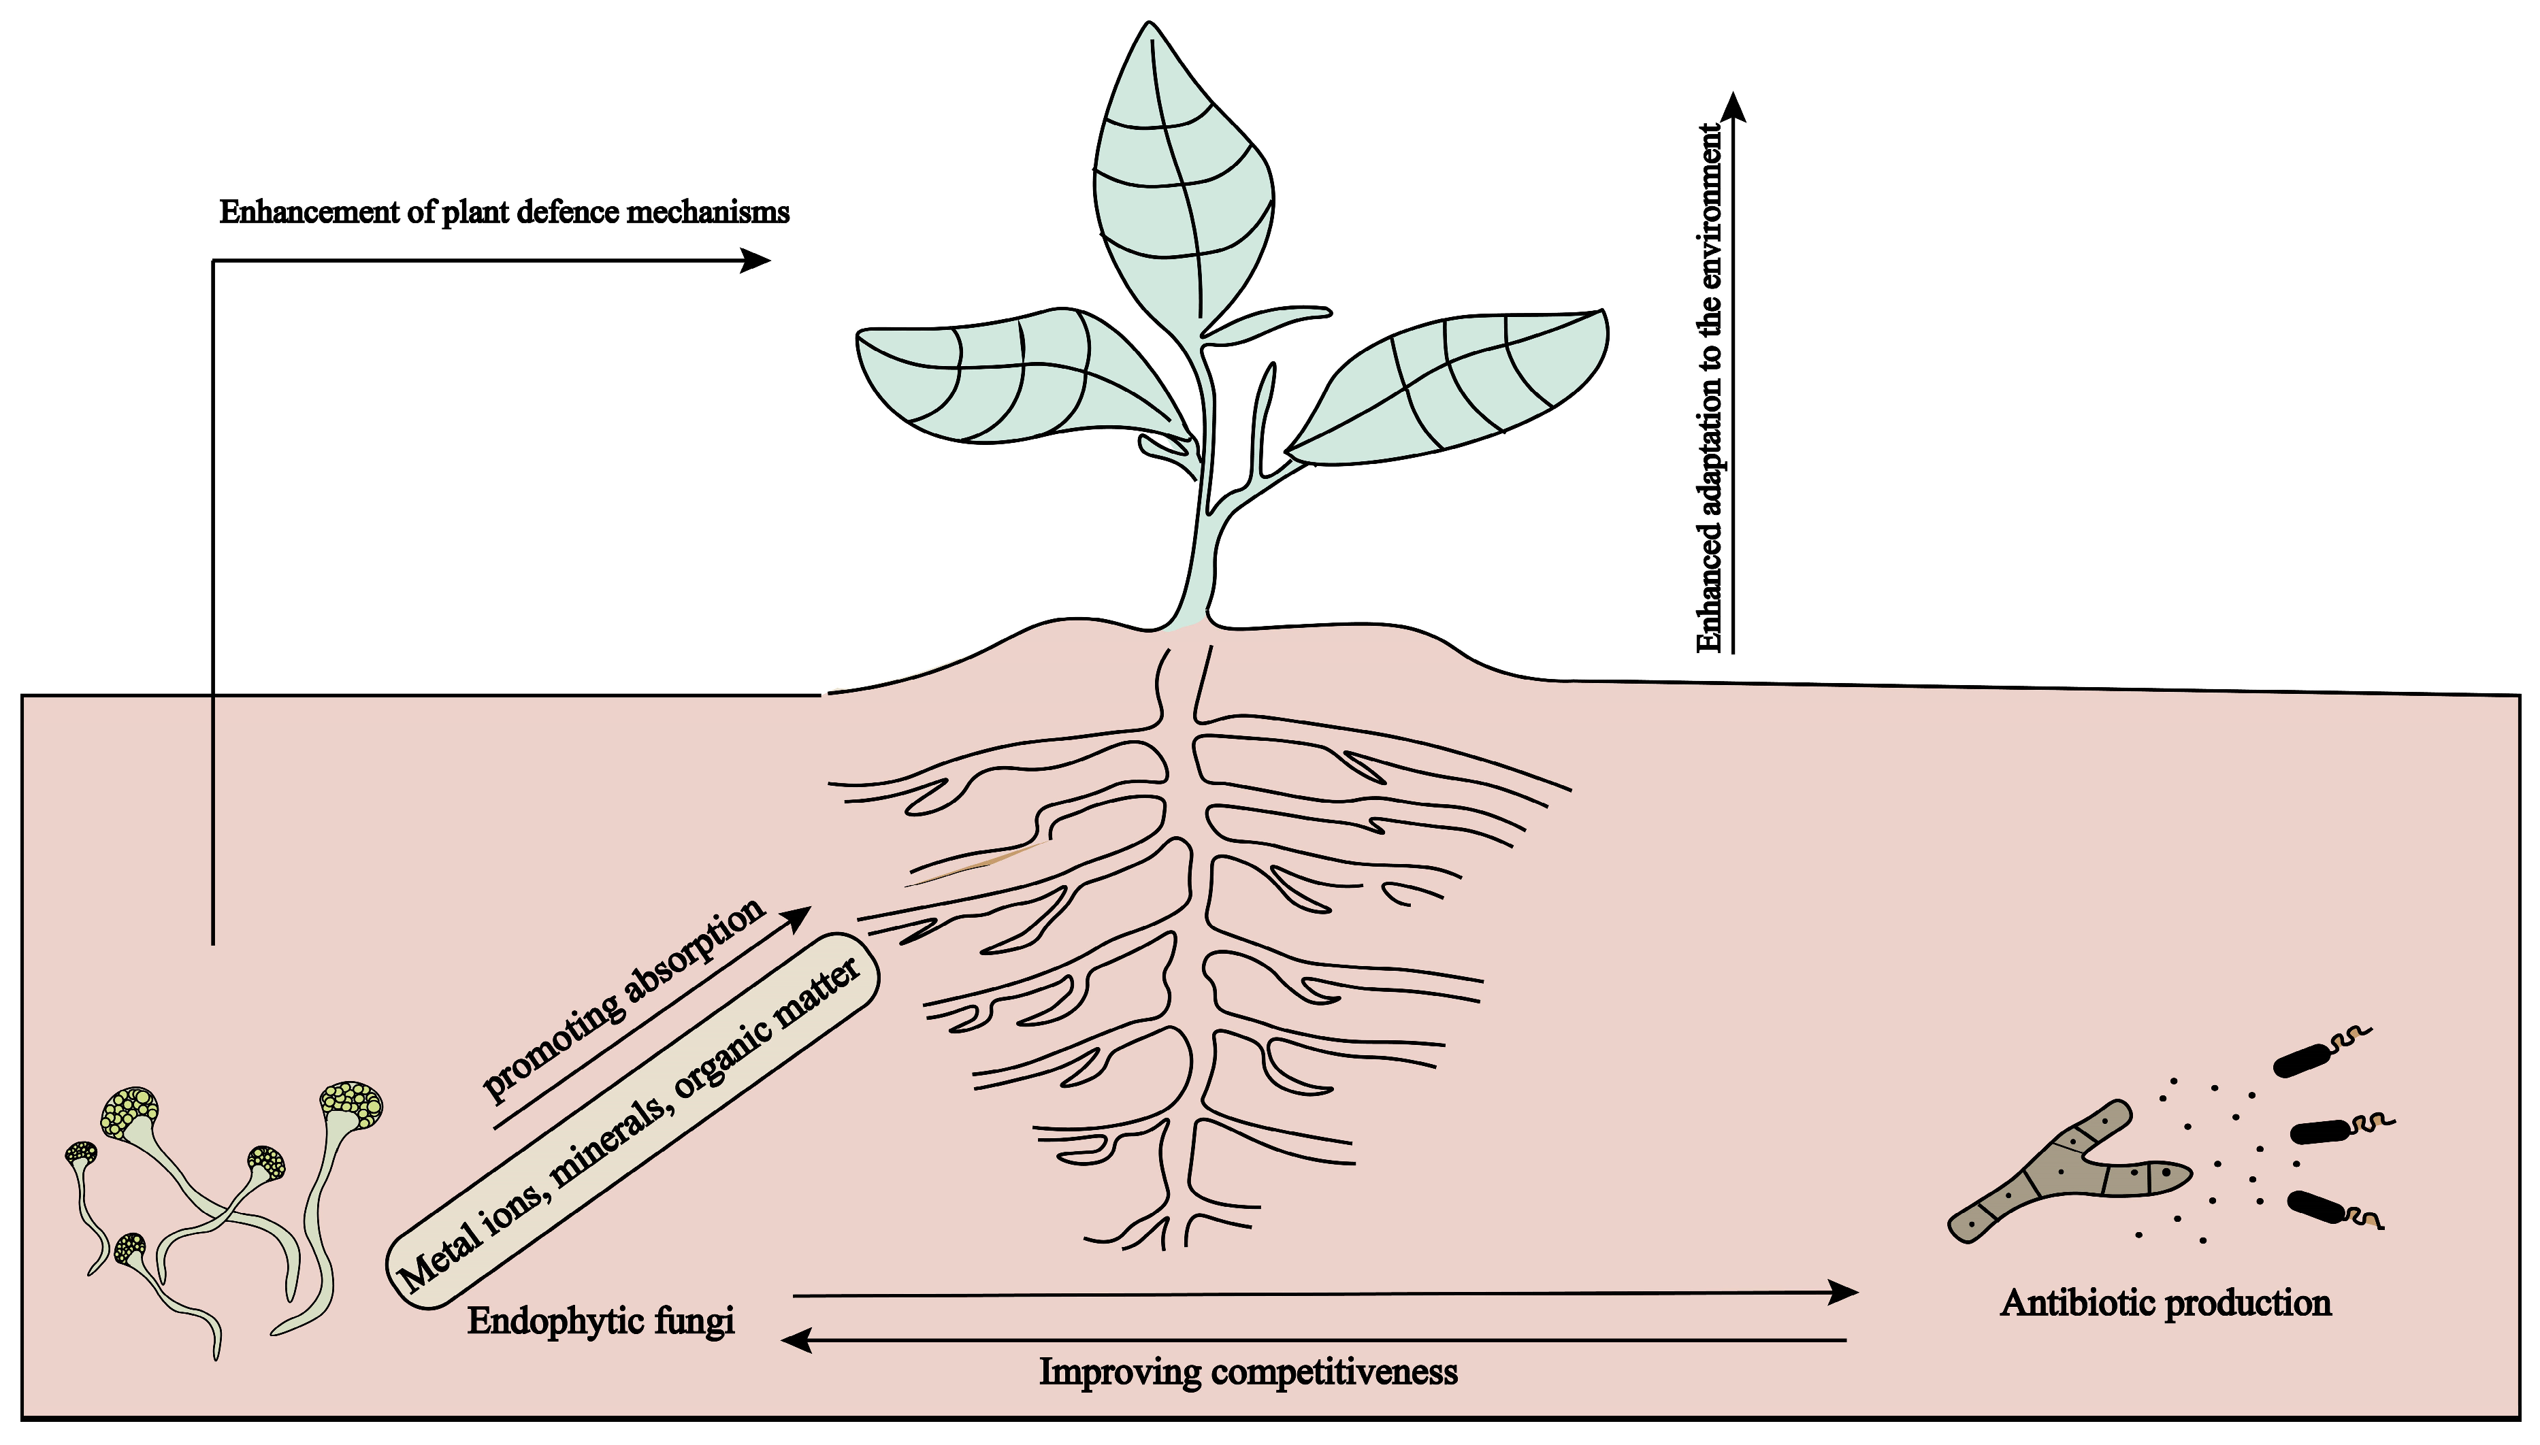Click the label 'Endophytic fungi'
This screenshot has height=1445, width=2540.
(x=600, y=1322)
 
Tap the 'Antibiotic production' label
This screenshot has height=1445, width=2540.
(x=2165, y=1302)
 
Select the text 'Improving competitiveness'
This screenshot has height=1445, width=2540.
(x=1248, y=1373)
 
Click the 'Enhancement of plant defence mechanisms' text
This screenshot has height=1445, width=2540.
(x=504, y=212)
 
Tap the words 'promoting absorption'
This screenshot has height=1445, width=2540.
(x=623, y=999)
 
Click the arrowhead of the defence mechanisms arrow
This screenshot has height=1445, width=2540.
(x=758, y=261)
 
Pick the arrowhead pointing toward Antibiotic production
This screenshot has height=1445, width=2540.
(x=1844, y=1292)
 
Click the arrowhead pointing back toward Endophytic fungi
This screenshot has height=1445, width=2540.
(x=795, y=1341)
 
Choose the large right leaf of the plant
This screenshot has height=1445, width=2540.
(x=1449, y=387)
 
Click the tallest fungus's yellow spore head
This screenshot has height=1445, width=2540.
(x=351, y=1105)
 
